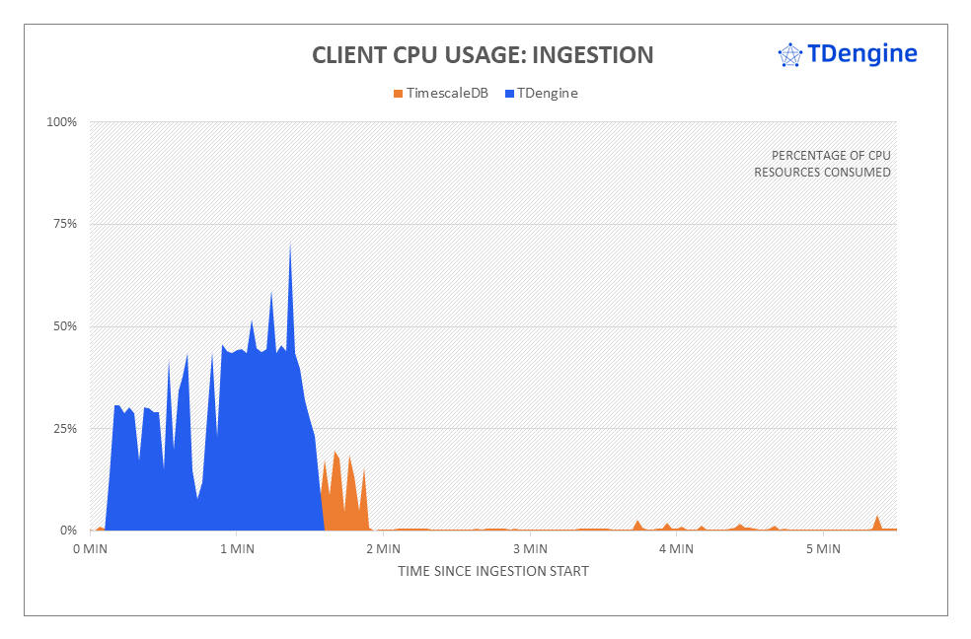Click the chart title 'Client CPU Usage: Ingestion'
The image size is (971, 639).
coord(483,55)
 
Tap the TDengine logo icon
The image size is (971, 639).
coord(789,55)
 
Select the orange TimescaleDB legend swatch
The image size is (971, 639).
coord(398,94)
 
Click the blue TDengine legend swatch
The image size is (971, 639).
coord(510,94)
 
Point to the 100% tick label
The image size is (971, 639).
coord(61,122)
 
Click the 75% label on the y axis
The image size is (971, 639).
coord(64,224)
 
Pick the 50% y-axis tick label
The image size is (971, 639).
coord(64,326)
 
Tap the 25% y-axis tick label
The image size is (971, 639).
coord(64,429)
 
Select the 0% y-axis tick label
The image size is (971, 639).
coord(68,531)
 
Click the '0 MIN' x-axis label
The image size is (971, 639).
coord(90,548)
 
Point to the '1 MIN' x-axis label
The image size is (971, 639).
coord(236,548)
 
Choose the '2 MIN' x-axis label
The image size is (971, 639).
coord(383,548)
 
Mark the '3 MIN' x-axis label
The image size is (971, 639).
coord(530,548)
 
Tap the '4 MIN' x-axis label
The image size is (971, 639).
coord(677,548)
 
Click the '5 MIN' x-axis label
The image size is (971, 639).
coord(823,548)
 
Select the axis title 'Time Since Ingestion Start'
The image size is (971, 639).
coord(493,571)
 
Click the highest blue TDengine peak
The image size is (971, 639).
coord(290,244)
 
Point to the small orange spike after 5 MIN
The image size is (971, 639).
coord(877,518)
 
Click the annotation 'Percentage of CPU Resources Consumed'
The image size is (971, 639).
coord(822,164)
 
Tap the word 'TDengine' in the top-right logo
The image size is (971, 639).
coord(862,53)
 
